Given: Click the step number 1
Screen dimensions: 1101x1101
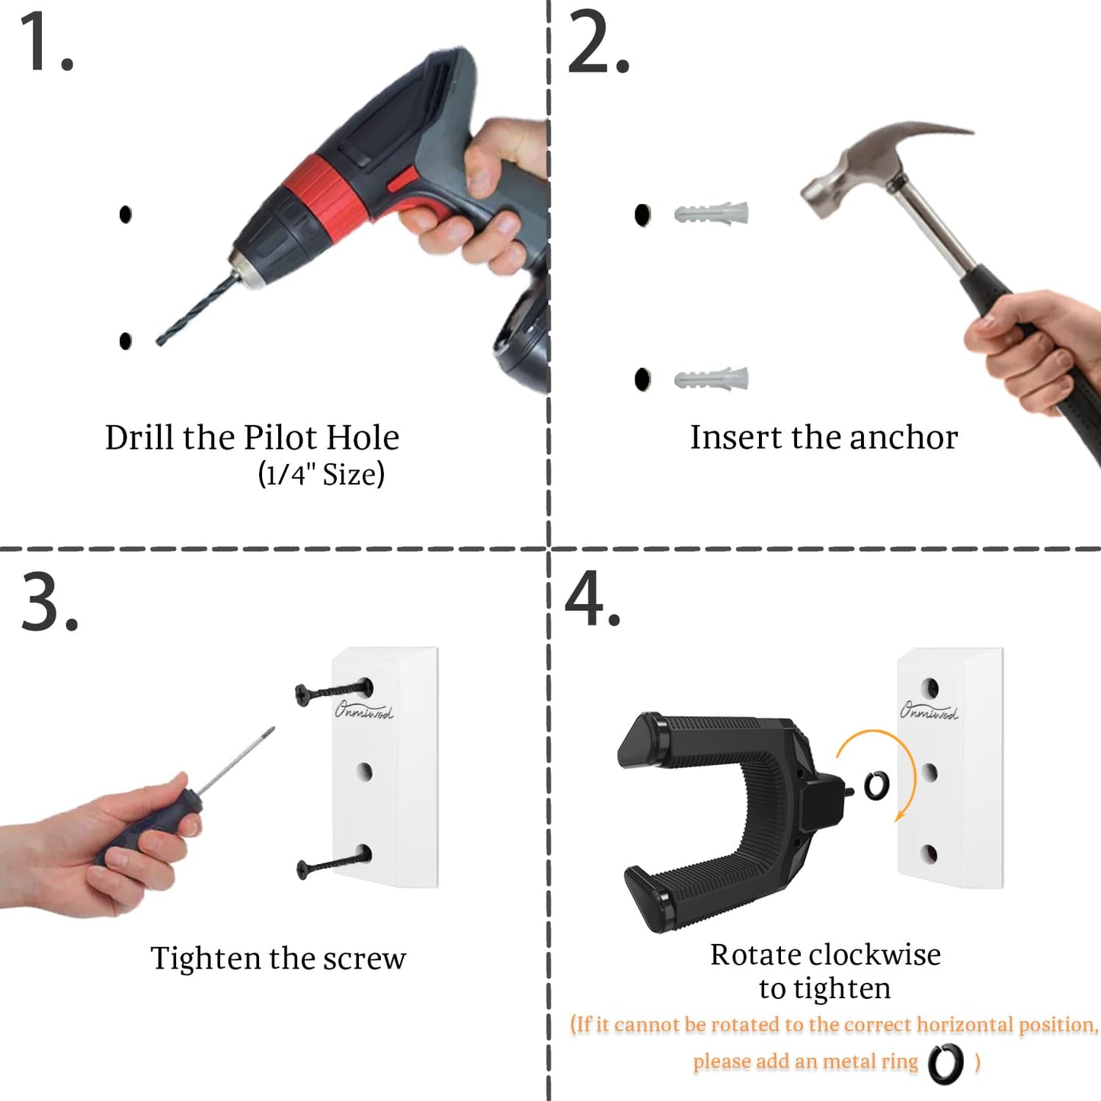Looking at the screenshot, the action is pos(46,42).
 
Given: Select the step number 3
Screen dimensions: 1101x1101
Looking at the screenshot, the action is pos(49,602).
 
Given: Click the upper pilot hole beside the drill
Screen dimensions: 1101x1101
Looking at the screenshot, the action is pos(126,214).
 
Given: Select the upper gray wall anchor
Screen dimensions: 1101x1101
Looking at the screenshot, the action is pos(712,213).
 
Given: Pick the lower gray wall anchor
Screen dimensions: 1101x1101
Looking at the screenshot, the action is pos(712,378).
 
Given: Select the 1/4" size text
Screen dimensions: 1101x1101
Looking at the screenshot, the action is pos(321,475).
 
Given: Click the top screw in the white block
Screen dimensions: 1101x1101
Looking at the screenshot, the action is pos(334,692).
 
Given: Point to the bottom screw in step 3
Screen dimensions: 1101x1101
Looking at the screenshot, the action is pos(334,863).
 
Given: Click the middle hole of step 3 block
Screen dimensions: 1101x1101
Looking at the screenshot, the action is pos(364,772).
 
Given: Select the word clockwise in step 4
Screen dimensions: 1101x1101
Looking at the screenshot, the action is pos(875,955).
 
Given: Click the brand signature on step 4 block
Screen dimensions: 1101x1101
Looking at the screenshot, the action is pos(929,710).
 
